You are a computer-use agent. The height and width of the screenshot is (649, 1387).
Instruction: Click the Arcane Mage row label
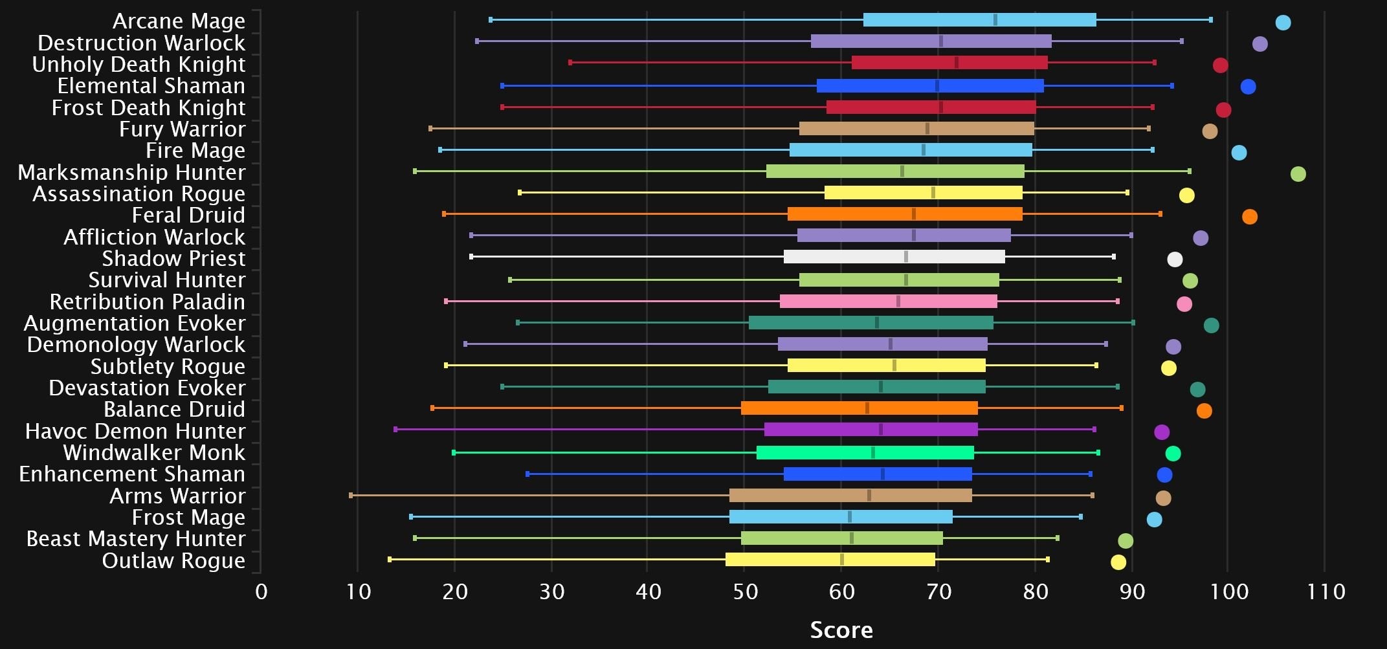coord(179,21)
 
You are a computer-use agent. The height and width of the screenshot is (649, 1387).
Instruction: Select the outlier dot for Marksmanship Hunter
coord(1298,174)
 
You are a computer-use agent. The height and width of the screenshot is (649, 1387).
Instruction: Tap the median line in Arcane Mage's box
coord(995,20)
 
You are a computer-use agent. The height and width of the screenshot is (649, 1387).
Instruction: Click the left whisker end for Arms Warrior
coord(351,496)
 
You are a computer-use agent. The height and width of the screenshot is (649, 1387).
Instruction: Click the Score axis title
coord(841,630)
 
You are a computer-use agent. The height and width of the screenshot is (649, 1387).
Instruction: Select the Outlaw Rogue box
coord(830,560)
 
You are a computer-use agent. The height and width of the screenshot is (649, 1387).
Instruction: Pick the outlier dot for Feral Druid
coord(1249,217)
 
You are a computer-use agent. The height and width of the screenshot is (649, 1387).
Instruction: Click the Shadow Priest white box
coord(894,257)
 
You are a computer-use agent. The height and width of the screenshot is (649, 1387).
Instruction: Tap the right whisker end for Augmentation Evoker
coord(1133,322)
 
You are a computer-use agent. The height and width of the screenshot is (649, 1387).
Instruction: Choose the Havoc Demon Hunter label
coord(135,431)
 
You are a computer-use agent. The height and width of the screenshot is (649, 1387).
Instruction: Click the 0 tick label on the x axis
coord(261,591)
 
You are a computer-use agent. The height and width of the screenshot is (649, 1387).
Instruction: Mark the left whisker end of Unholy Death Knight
coord(570,63)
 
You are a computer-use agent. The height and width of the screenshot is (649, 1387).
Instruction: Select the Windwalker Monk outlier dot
coord(1173,454)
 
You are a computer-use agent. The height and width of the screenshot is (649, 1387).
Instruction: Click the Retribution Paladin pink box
coord(888,302)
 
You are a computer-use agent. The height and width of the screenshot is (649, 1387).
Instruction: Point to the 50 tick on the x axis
coord(745,591)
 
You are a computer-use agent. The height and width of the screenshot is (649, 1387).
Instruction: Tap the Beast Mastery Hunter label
coord(136,538)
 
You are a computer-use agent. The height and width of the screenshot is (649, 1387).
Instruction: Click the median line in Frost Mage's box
coord(850,517)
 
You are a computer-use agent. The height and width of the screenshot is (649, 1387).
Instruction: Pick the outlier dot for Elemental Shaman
coord(1248,87)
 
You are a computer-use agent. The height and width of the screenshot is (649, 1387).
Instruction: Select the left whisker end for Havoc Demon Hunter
coord(395,430)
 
